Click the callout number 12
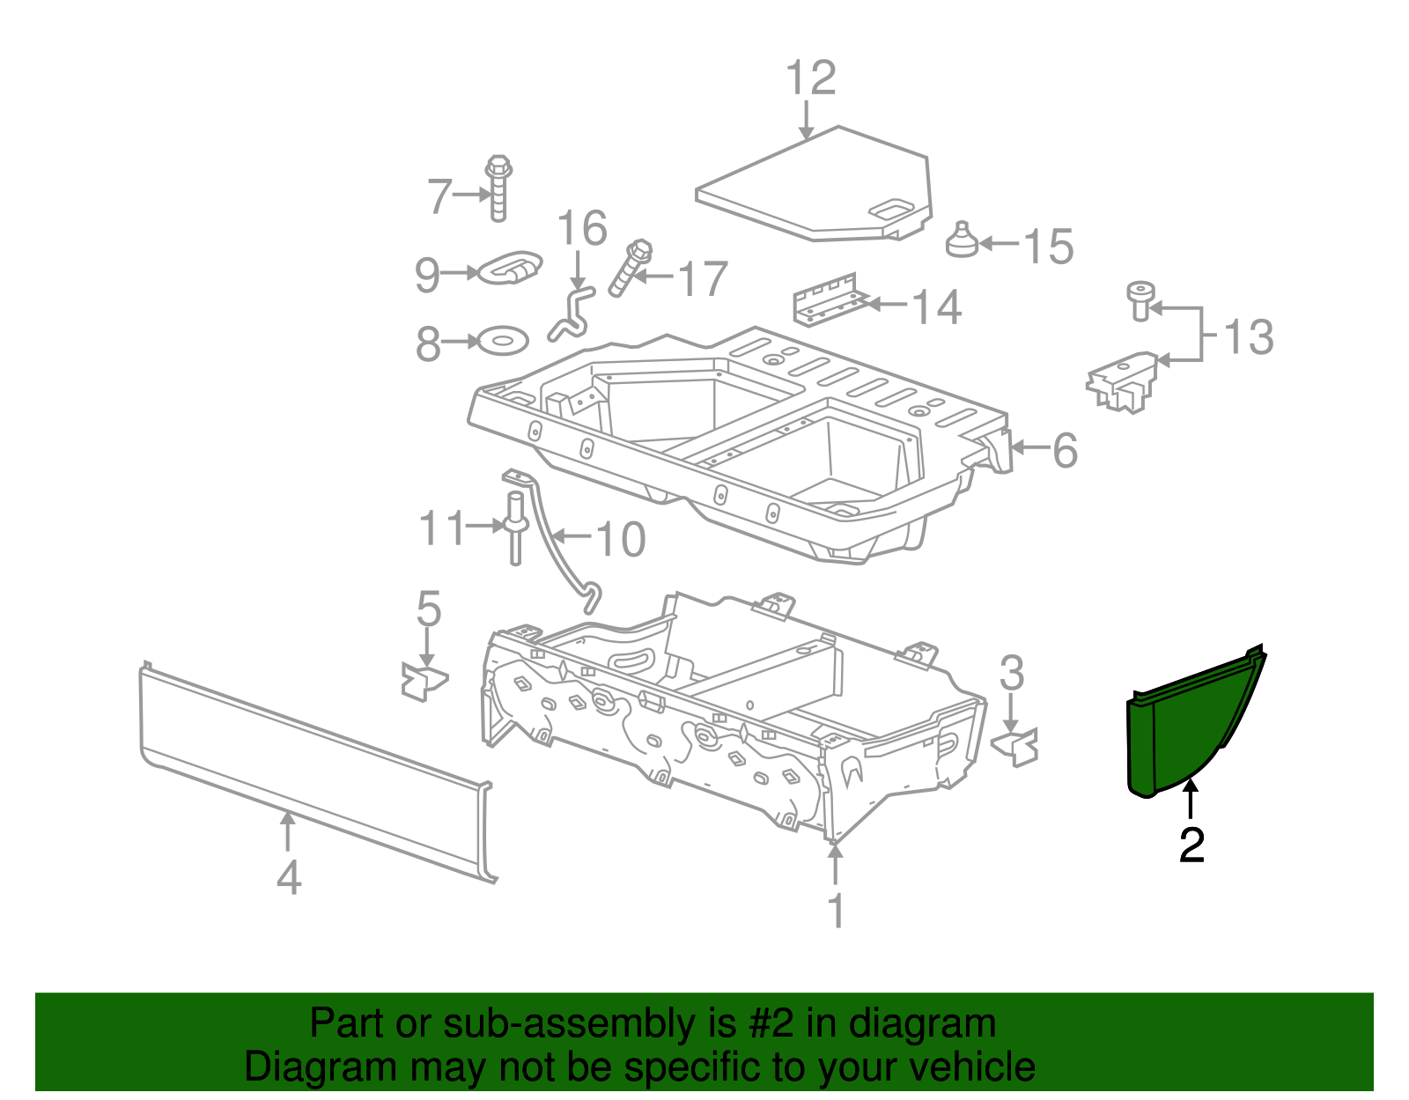tap(810, 78)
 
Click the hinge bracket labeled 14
tap(828, 299)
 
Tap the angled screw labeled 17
tap(629, 268)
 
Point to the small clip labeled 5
tap(424, 681)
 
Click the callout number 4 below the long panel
tap(289, 877)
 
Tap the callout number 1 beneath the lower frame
tap(836, 910)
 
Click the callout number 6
tap(1065, 450)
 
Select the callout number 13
tap(1248, 336)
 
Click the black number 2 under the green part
tap(1191, 845)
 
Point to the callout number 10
tap(621, 538)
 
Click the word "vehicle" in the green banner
tap(971, 1067)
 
